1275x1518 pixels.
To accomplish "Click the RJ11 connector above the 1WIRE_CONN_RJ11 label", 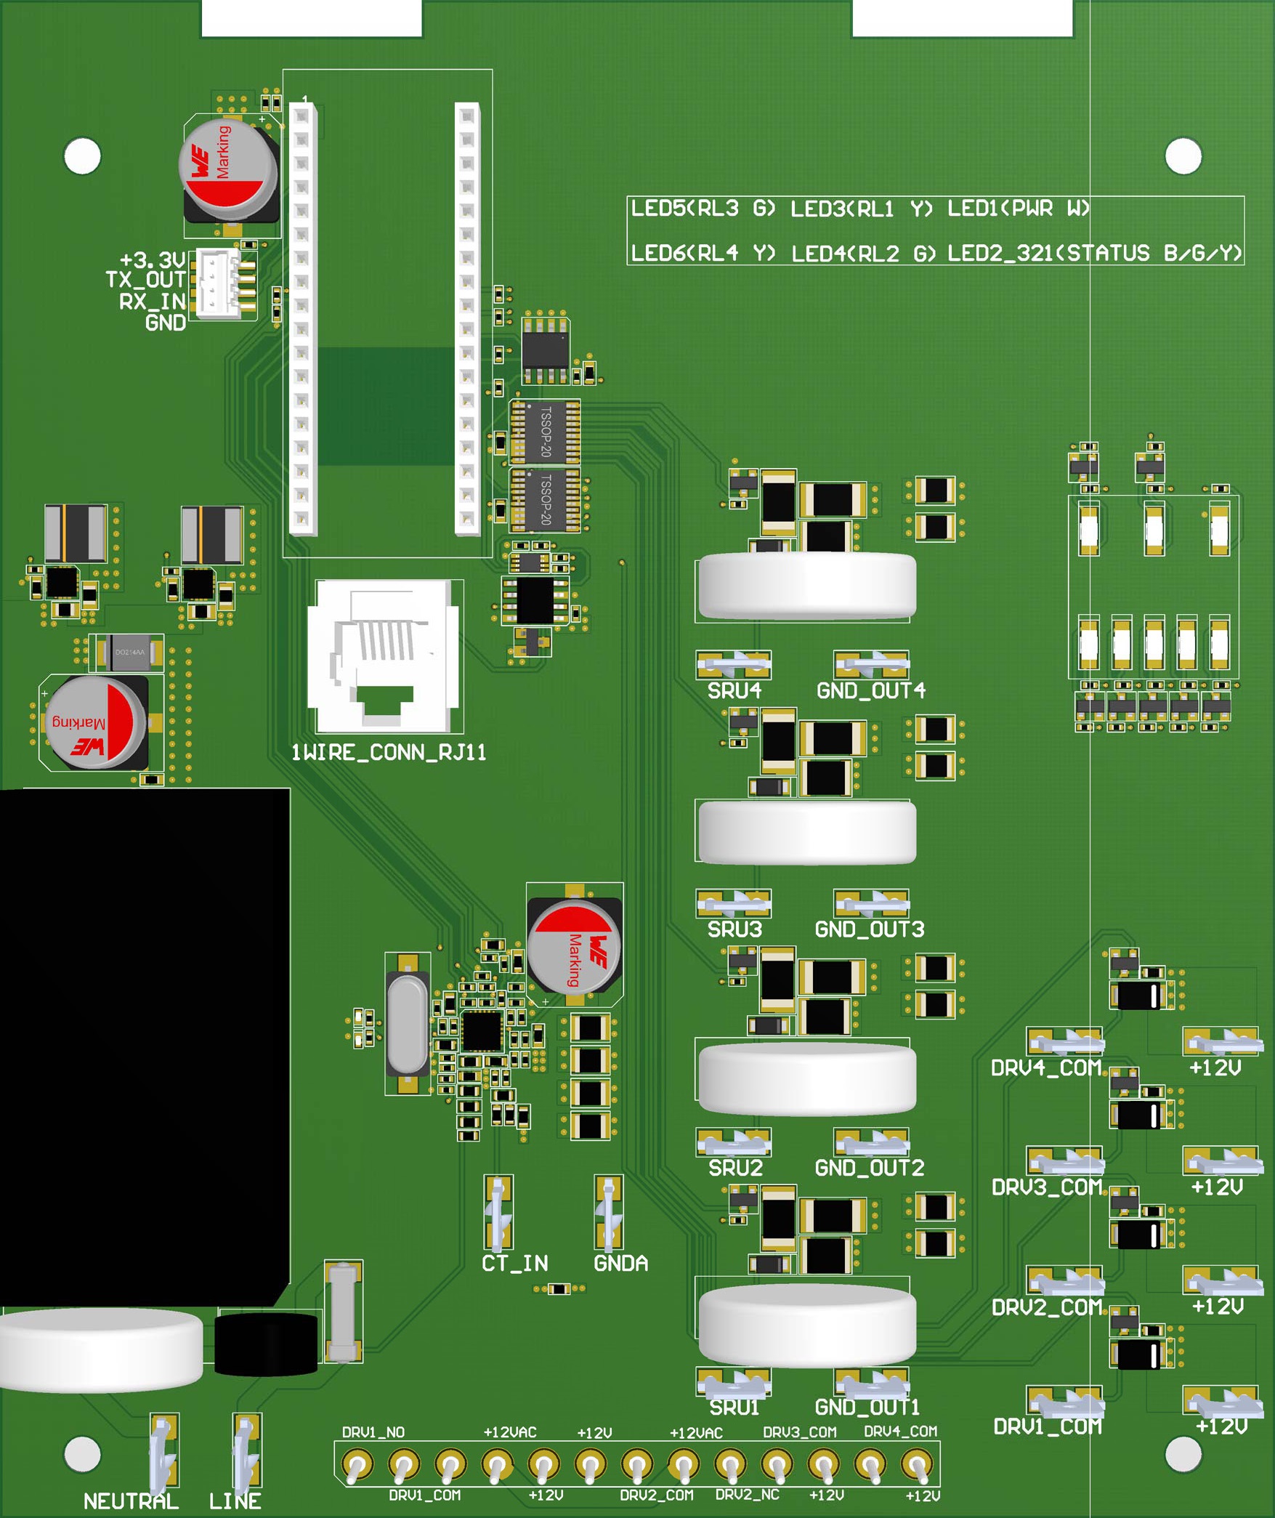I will click(385, 655).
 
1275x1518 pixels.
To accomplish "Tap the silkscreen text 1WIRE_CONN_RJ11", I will click(388, 752).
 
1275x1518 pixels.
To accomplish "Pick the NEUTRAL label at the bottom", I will click(131, 1501).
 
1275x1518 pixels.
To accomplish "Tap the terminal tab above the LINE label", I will click(246, 1450).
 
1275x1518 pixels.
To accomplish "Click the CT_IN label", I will click(514, 1263).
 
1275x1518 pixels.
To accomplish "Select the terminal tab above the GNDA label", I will click(609, 1211).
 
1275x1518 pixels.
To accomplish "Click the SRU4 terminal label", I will click(734, 690).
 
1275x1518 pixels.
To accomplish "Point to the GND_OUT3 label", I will click(870, 929).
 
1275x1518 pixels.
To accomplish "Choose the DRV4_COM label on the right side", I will click(1046, 1068).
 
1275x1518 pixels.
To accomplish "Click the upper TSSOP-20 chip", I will click(546, 432).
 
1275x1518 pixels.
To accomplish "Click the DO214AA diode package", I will click(130, 653).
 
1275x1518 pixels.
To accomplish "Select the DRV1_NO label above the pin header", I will click(373, 1432).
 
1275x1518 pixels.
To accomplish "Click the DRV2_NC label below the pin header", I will click(747, 1495).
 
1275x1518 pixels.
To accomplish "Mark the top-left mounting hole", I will click(82, 156).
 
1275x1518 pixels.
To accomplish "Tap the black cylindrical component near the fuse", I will click(266, 1344).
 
